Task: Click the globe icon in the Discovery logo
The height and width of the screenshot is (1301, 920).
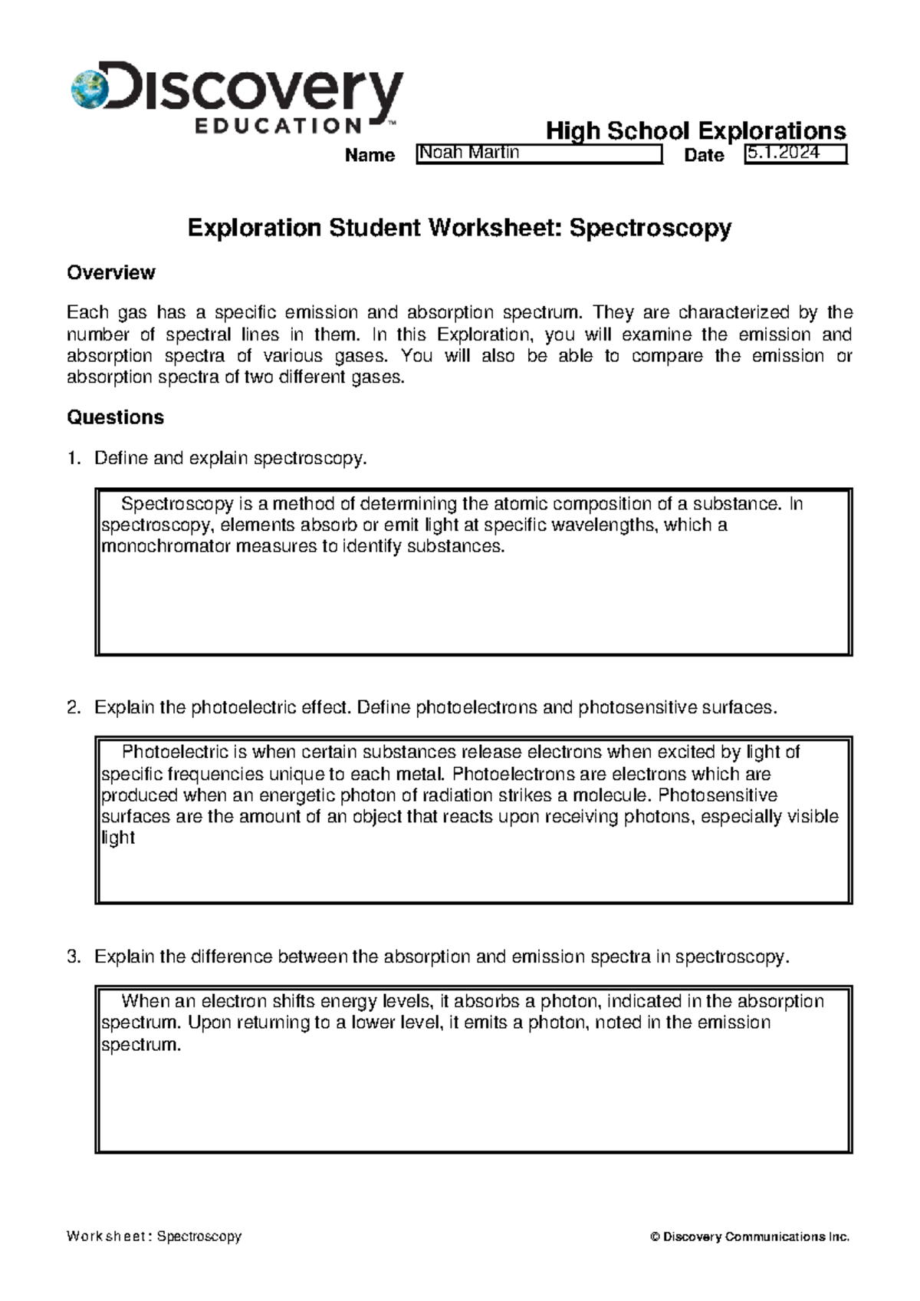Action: point(89,89)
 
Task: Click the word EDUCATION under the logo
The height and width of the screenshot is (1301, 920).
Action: point(278,126)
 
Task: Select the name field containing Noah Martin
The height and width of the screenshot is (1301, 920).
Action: point(538,153)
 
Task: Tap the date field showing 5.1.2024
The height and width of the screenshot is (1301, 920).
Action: point(795,153)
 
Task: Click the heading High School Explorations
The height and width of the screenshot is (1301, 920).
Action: point(695,131)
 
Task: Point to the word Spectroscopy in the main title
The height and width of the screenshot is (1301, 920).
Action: point(650,228)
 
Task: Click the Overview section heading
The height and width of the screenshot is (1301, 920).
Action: point(111,272)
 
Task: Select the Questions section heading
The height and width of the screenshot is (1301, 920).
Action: point(115,417)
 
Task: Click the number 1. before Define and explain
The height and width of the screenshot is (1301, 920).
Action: point(73,459)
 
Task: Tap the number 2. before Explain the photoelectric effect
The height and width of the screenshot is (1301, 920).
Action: point(73,707)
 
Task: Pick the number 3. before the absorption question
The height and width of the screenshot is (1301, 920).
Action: point(73,957)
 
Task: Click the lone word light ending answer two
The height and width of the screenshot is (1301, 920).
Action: point(118,838)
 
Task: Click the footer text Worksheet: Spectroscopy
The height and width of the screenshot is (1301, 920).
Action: point(154,1237)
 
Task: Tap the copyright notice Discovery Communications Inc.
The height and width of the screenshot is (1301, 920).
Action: point(750,1237)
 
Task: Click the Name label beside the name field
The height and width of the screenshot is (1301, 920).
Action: point(370,155)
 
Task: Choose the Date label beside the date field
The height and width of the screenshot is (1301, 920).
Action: point(704,155)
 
